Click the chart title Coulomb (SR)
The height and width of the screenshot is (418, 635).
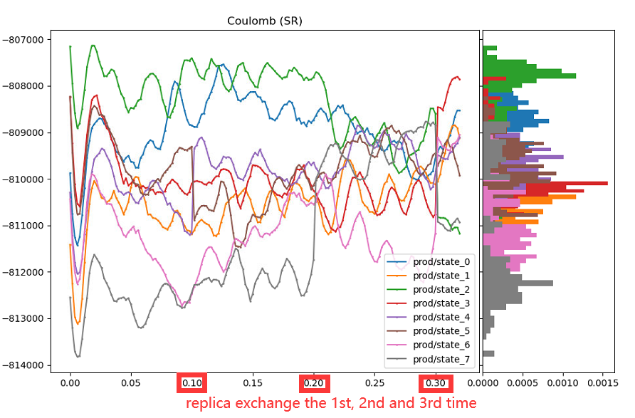(265, 21)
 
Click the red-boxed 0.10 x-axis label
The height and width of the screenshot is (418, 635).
(192, 383)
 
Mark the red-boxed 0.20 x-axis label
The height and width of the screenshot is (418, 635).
(314, 383)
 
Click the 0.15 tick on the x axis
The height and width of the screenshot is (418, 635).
(253, 383)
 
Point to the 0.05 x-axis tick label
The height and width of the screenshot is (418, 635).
(131, 383)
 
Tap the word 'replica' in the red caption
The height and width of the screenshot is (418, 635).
(209, 403)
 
